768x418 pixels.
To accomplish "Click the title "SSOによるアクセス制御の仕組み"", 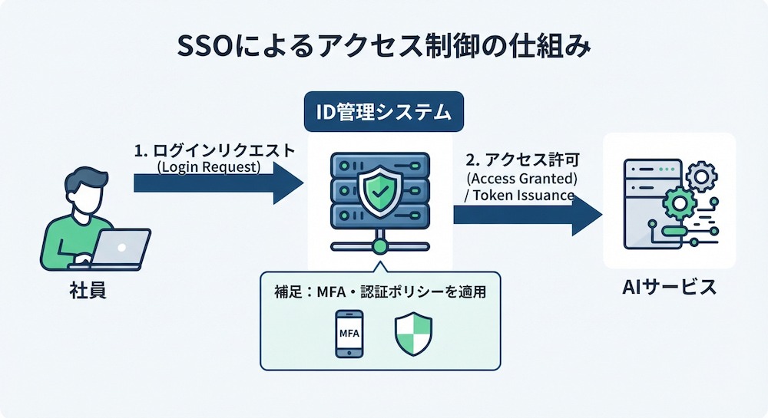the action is coord(383,48).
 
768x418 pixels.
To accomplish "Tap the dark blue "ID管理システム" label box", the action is coord(383,111).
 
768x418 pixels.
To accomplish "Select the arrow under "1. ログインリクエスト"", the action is coord(218,183).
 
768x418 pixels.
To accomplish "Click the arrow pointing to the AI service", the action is coord(528,214).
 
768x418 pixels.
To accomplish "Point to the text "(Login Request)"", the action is coord(209,166).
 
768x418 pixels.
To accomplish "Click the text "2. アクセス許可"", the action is coord(522,160).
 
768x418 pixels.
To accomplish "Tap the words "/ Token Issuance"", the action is coord(518,196).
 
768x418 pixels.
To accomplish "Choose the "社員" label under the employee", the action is coord(88,291).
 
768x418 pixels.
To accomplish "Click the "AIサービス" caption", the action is coord(669,287).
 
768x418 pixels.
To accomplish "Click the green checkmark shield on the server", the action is coord(379,192).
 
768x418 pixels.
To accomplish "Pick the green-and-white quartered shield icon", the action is coord(413,334).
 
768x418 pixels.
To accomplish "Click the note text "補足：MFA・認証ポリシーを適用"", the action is coord(380,292).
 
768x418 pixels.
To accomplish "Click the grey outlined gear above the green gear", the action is coord(701,176).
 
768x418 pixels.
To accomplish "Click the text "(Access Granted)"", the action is coord(522,178).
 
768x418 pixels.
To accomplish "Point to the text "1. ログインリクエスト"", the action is coord(214,150).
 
